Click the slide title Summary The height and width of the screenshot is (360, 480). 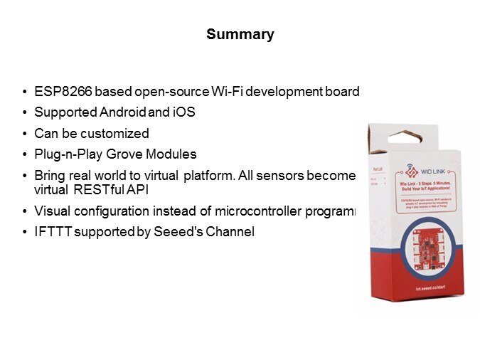(240, 34)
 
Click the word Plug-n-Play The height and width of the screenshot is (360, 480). (63, 154)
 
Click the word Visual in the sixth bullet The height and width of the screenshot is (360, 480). (51, 211)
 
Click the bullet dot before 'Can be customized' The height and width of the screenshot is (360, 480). (26, 134)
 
